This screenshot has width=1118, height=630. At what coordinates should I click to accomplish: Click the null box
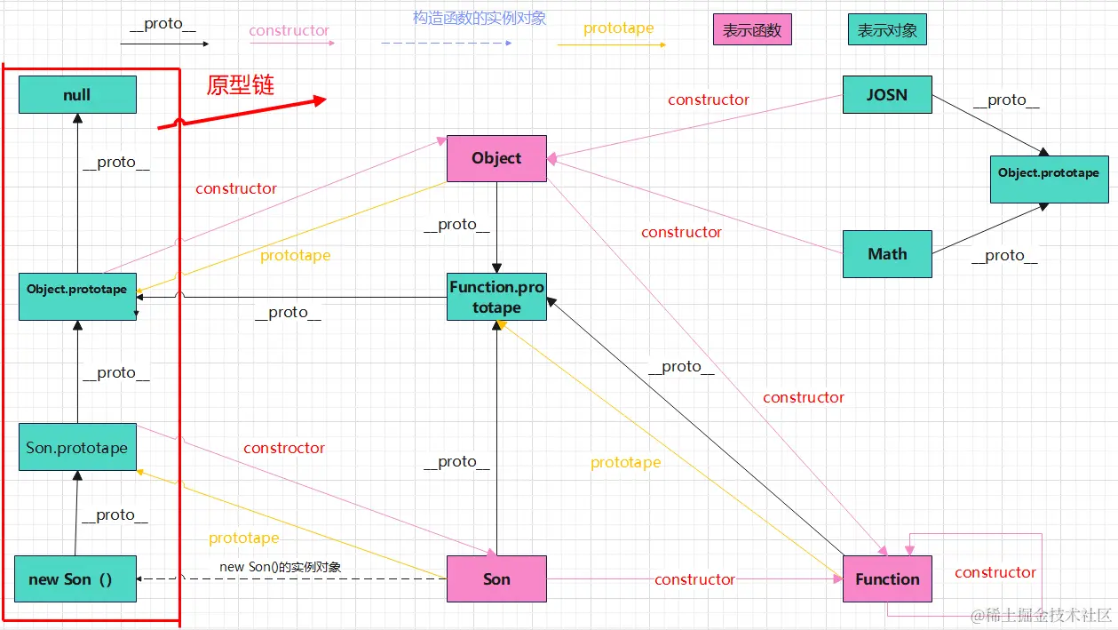click(x=77, y=94)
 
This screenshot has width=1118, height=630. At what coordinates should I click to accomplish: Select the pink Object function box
click(x=496, y=158)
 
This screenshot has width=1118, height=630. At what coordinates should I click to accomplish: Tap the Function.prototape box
click(x=496, y=297)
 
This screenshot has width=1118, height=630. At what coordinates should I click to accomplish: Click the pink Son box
click(x=496, y=578)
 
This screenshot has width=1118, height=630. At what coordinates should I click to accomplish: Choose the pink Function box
click(x=886, y=578)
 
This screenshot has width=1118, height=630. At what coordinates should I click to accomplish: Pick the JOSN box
click(x=886, y=94)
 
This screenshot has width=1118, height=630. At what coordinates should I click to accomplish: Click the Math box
click(x=886, y=253)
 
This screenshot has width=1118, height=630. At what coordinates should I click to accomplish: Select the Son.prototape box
click(x=77, y=447)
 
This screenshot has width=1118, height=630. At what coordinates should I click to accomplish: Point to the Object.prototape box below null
click(x=77, y=297)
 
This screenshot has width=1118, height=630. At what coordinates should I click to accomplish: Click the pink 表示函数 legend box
click(x=751, y=30)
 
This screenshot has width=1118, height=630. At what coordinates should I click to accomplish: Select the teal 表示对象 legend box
click(x=886, y=30)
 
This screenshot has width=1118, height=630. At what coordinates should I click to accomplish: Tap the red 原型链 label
click(x=240, y=84)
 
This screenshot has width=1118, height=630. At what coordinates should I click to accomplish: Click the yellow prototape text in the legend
click(x=618, y=28)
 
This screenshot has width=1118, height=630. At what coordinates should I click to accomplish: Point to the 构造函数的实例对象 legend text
click(x=480, y=18)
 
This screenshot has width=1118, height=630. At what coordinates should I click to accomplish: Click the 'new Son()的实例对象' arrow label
click(x=281, y=566)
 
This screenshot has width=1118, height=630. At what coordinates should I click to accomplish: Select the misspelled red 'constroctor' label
click(x=284, y=448)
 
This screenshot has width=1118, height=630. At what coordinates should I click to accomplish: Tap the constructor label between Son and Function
click(x=694, y=579)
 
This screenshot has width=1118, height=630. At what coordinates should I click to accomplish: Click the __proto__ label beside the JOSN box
click(x=1006, y=100)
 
